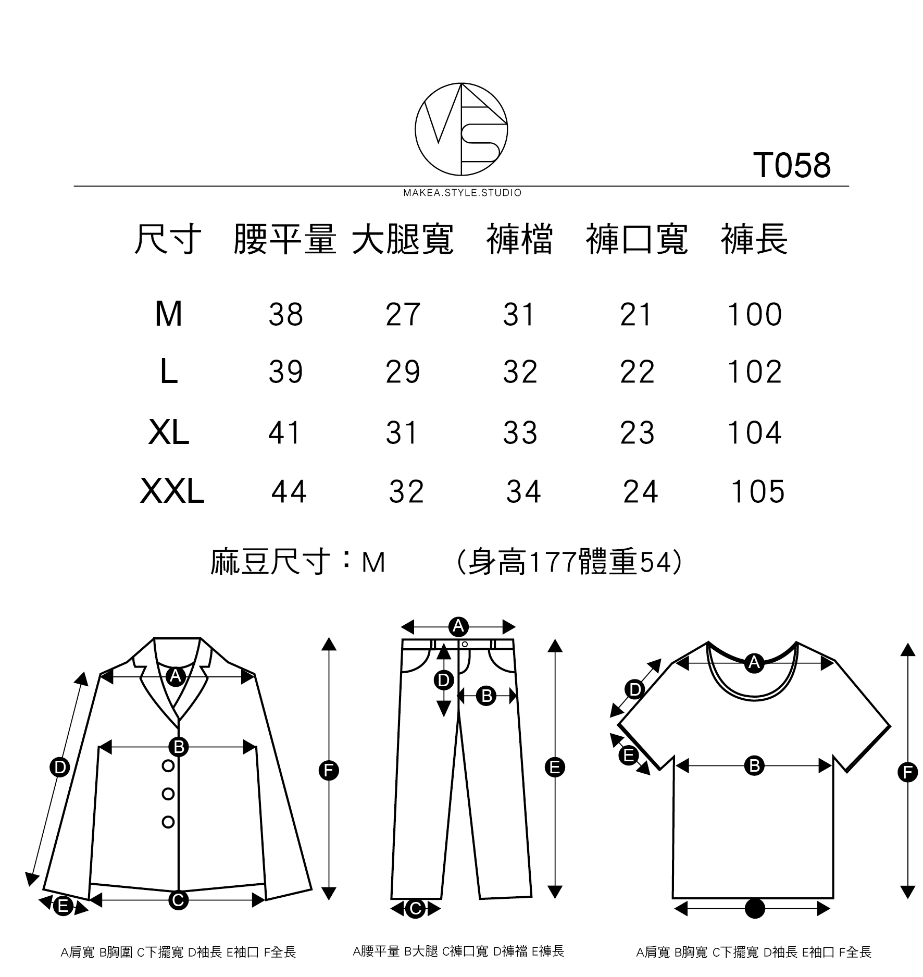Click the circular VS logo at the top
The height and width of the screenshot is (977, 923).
point(461,129)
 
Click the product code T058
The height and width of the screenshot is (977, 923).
point(791,166)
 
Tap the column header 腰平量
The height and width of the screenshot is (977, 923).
point(284,240)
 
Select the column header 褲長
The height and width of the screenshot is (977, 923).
point(754,240)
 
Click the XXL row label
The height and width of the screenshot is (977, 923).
point(172,492)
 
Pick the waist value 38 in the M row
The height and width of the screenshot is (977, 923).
point(285,315)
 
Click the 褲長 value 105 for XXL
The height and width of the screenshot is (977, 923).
point(758,492)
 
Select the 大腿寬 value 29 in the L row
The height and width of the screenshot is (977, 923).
point(403,372)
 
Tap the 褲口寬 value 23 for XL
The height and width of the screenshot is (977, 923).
point(637,433)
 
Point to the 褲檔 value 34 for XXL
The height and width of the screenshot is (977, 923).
point(523,492)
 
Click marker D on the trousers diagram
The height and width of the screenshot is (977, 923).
point(443,680)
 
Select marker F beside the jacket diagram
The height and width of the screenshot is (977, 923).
point(329,770)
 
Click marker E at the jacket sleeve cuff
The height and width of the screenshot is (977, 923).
point(63,907)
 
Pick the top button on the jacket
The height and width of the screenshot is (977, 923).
point(168,766)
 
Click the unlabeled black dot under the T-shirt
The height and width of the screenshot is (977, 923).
point(755,909)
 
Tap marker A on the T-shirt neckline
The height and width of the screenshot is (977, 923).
point(754,663)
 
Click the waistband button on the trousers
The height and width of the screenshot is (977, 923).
point(465,645)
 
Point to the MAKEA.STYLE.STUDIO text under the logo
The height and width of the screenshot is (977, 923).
point(462,193)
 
